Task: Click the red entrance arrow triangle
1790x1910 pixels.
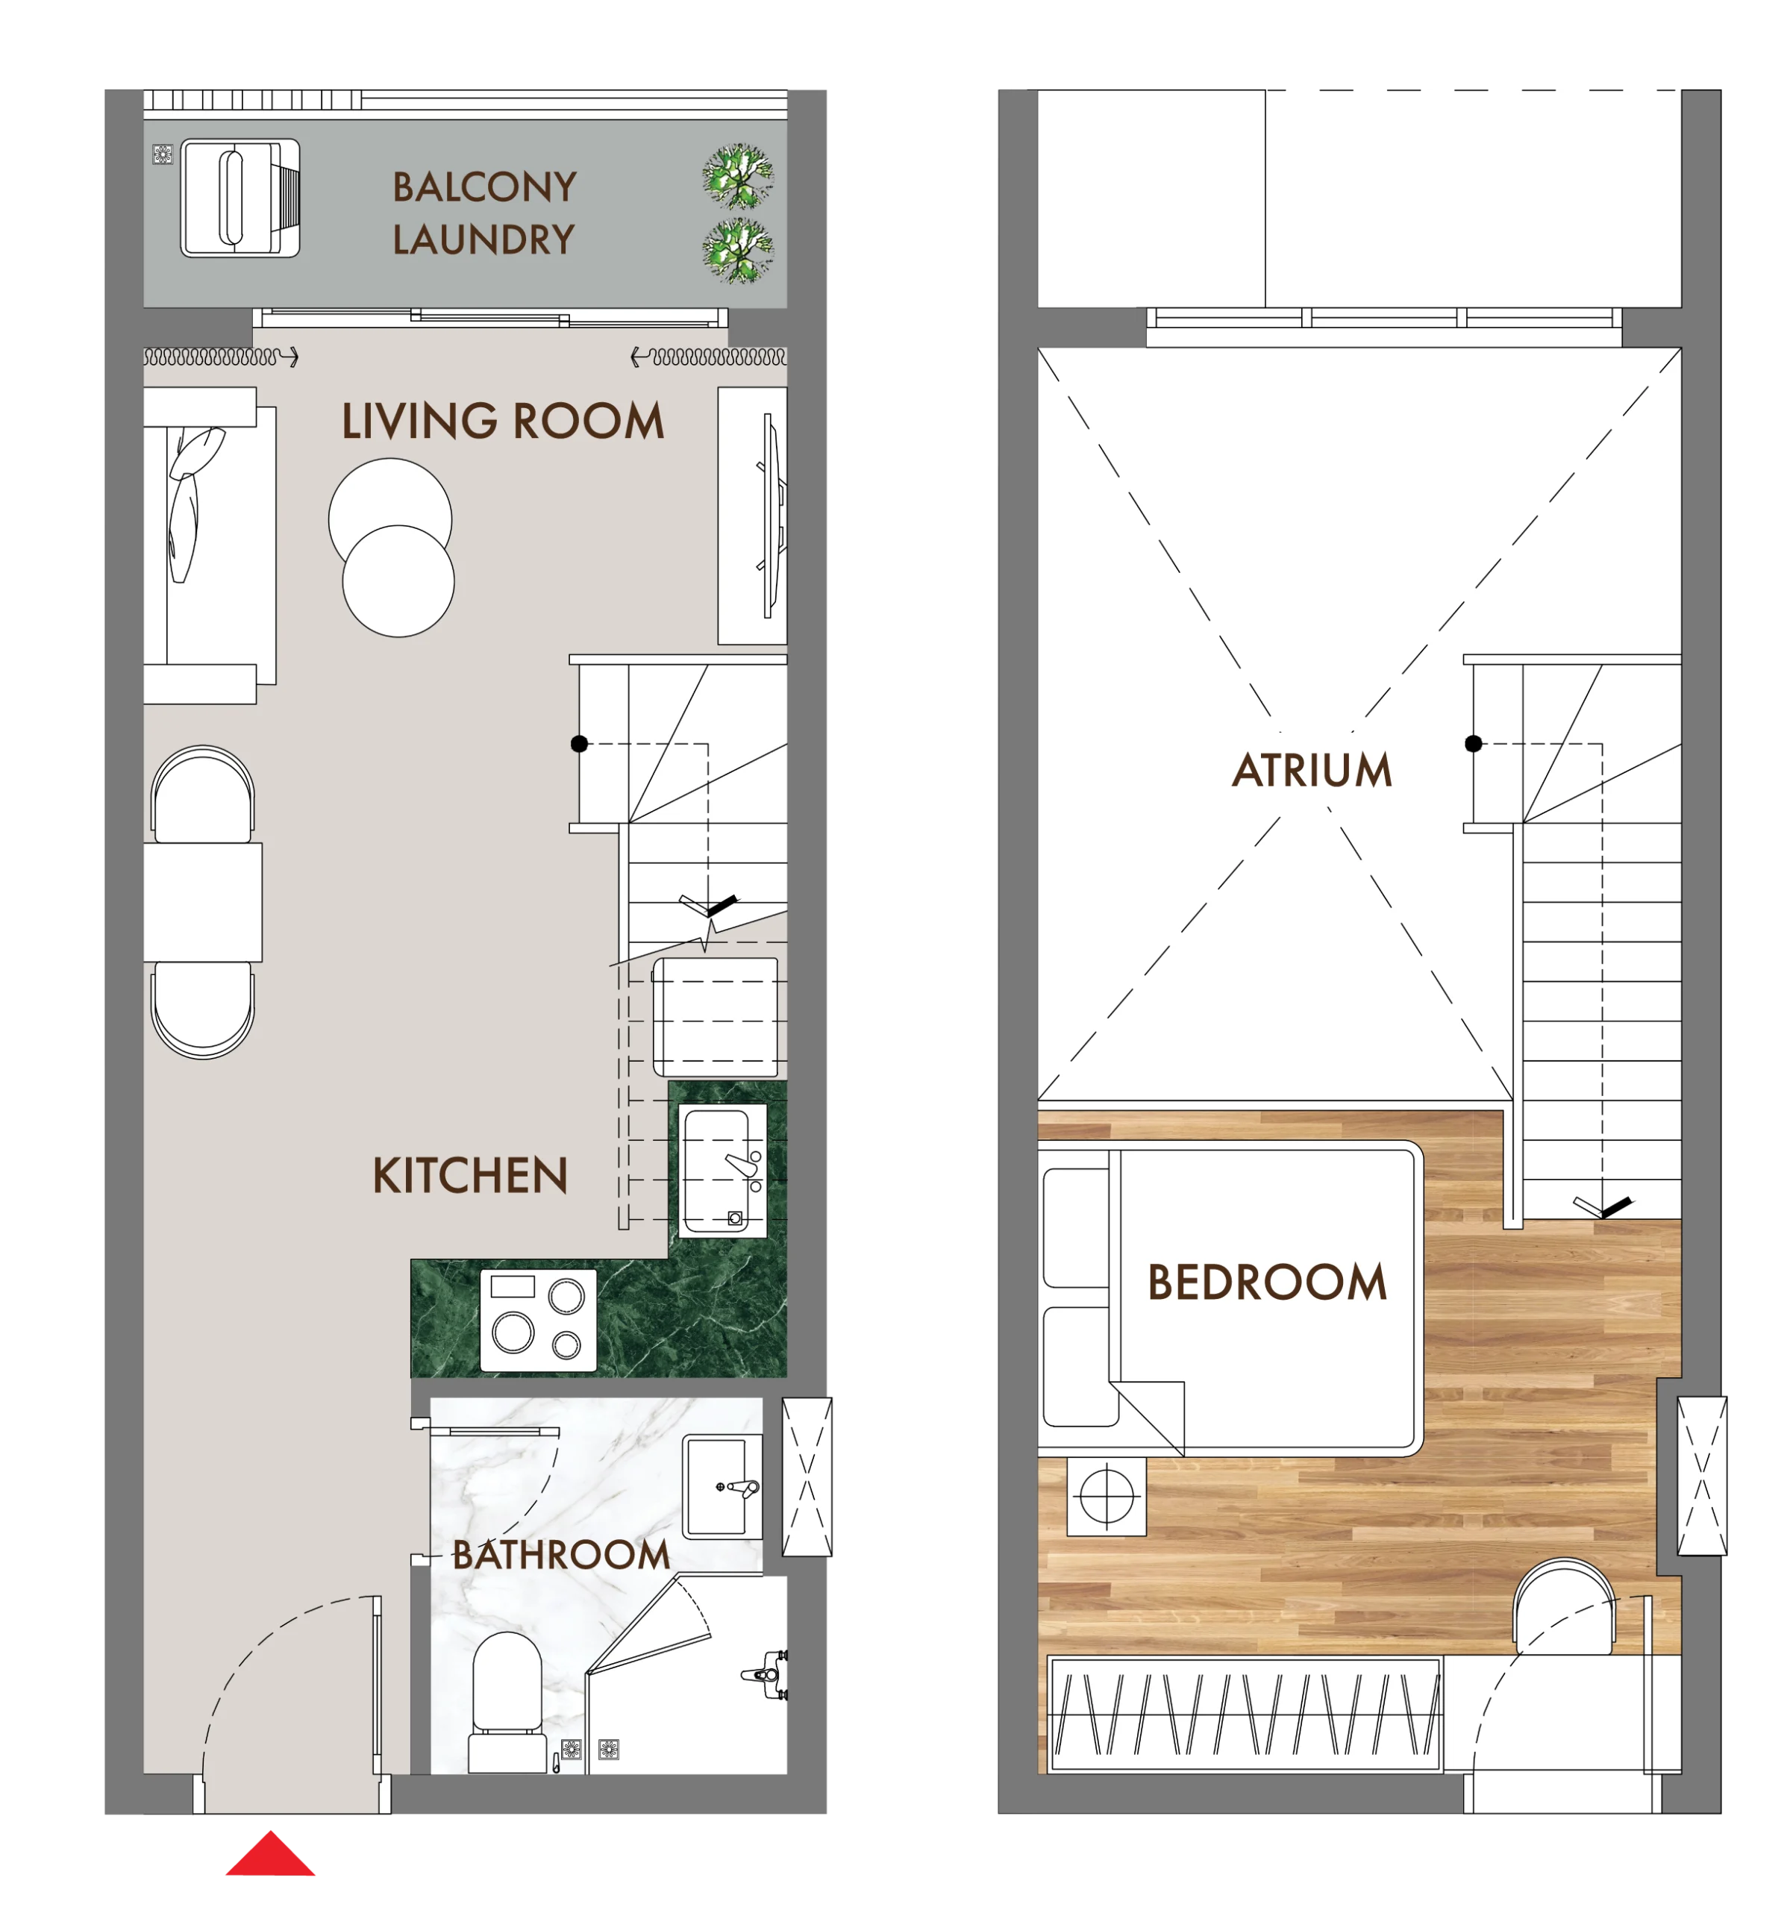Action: [270, 1854]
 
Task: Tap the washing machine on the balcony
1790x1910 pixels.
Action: [240, 198]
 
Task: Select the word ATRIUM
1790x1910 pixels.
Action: [1312, 771]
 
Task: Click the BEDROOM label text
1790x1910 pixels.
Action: [1266, 1283]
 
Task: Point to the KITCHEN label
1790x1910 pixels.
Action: [470, 1176]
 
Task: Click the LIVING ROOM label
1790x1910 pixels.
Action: [502, 421]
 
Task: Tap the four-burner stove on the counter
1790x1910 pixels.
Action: [538, 1320]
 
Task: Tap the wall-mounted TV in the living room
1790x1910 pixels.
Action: [772, 516]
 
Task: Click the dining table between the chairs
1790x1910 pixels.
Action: [203, 902]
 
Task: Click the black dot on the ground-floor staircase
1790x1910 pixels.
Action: [579, 744]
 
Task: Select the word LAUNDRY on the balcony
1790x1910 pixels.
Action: [484, 239]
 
